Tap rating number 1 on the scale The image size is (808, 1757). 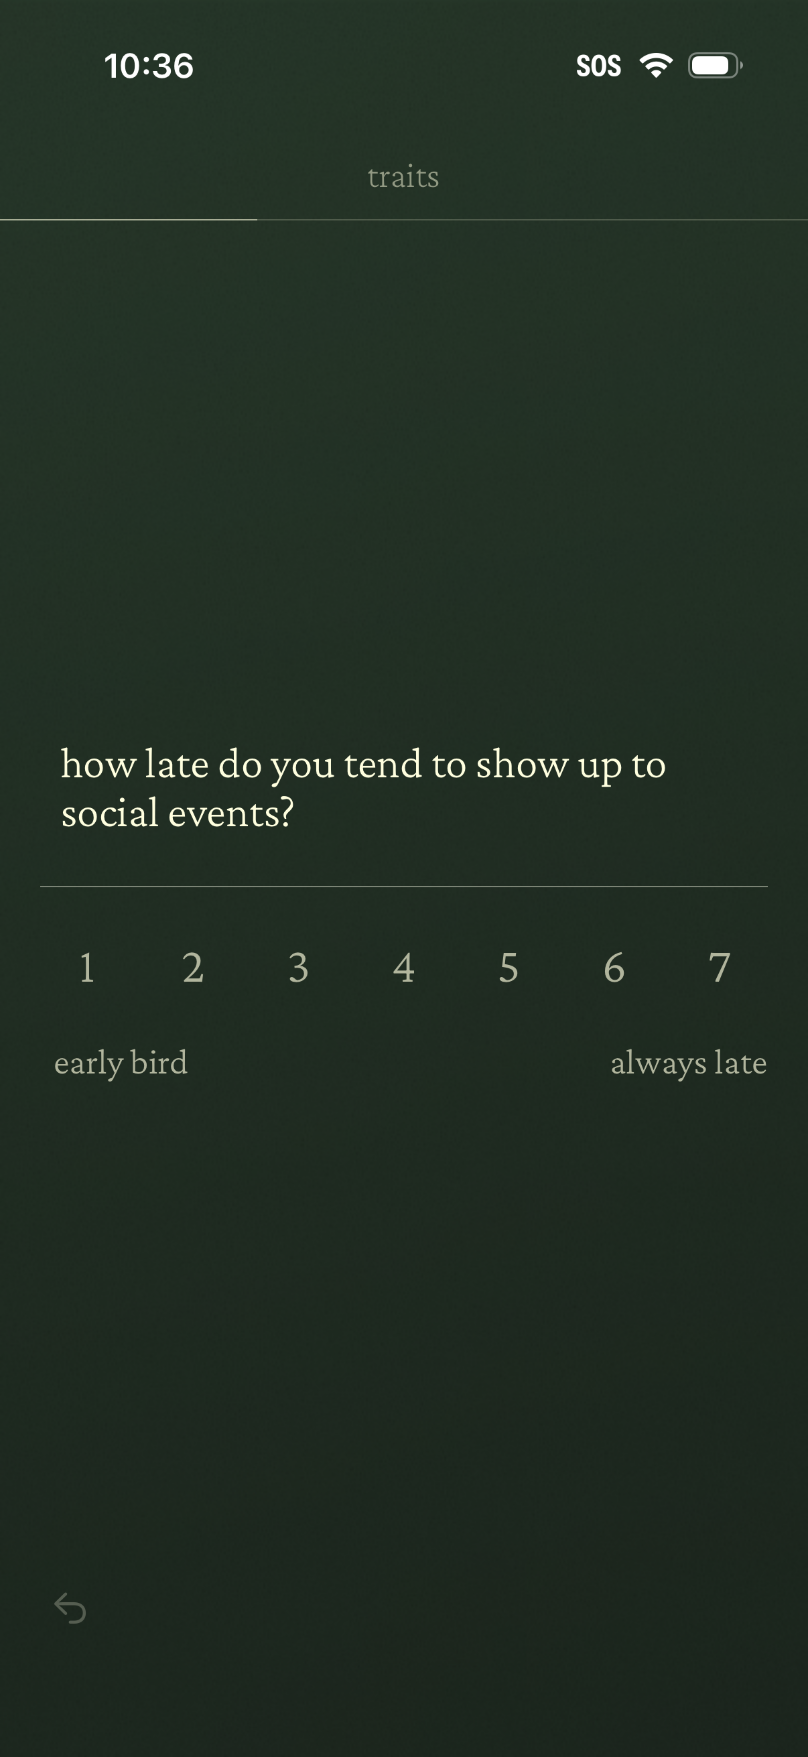(86, 967)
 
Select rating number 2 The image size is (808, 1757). (193, 967)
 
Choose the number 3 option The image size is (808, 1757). (299, 967)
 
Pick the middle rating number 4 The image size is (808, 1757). (403, 967)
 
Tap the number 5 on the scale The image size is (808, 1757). (509, 967)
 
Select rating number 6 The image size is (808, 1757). (614, 967)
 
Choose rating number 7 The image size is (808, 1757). (720, 967)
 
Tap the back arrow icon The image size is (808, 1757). (70, 1608)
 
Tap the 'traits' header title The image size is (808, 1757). (403, 178)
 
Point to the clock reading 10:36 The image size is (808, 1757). (149, 66)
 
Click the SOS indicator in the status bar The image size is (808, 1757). (598, 66)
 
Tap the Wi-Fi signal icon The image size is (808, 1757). (656, 66)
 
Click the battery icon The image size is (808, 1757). (715, 66)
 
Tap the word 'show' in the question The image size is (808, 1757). (522, 764)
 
